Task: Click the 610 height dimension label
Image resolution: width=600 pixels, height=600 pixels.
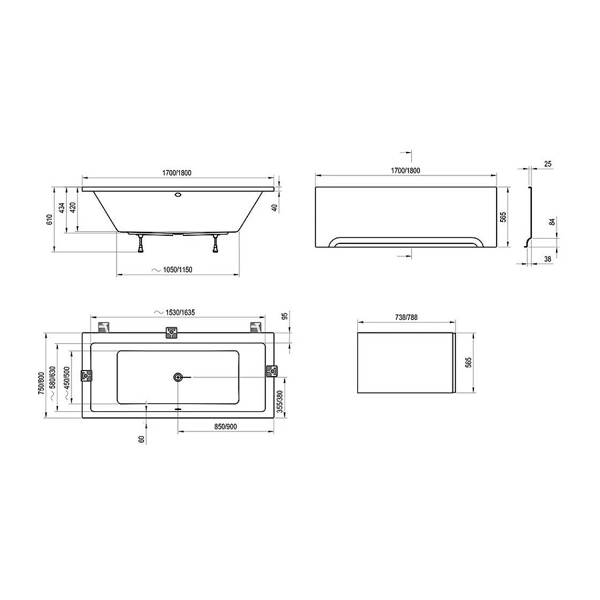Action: point(49,220)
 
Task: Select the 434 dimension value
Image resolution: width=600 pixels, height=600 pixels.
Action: point(61,208)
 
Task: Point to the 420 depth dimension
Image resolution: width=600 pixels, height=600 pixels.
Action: point(73,207)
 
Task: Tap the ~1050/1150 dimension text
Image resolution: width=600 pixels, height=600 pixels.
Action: point(172,270)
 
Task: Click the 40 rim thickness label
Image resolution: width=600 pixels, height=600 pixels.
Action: point(275,208)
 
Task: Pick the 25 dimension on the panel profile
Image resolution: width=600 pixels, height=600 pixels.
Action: point(547,164)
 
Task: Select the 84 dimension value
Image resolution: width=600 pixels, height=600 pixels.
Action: point(552,221)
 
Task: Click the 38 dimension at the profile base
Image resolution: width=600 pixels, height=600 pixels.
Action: point(547,259)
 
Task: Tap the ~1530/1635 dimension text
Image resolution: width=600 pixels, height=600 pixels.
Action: point(174,313)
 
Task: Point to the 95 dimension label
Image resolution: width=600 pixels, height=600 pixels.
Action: point(285,317)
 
